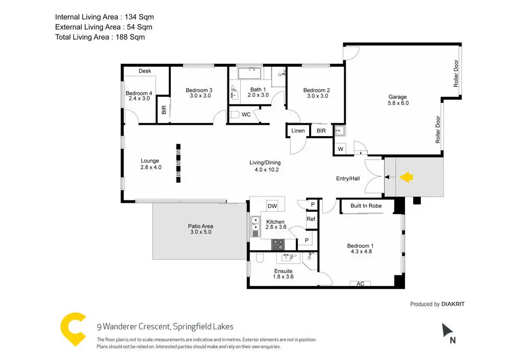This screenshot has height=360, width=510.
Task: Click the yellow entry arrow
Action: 406,177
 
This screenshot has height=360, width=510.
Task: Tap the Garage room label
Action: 398,96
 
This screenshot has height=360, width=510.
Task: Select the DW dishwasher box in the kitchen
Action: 272,206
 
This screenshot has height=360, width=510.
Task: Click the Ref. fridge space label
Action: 311,219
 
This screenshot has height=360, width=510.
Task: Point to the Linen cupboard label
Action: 298,131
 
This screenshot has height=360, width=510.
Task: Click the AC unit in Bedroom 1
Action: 360,284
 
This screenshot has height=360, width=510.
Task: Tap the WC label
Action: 246,115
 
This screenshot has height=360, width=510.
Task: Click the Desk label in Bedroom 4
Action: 145,71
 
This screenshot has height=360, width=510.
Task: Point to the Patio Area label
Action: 200,226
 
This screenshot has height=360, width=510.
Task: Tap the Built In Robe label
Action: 366,206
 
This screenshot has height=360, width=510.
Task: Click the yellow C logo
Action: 73,330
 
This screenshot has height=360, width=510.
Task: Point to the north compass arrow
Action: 447,330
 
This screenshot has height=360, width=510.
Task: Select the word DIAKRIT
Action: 453,304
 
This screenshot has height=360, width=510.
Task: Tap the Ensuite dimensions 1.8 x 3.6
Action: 284,277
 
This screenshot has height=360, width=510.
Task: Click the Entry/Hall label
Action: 348,178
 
